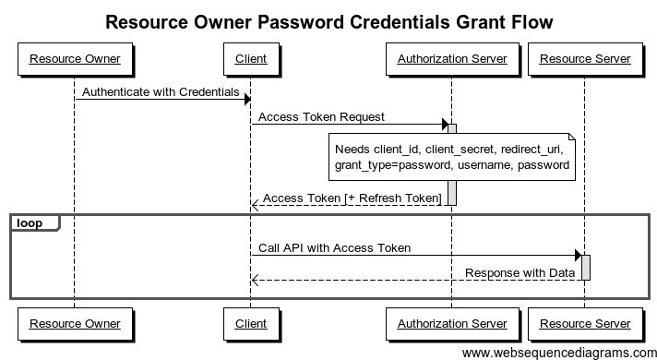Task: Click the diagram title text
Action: tap(329, 21)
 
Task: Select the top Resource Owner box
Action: tap(75, 59)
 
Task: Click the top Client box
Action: tap(251, 59)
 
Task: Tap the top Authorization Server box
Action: tap(452, 59)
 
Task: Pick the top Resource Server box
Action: tap(585, 59)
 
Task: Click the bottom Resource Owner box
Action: tap(75, 323)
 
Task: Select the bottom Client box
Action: tap(251, 323)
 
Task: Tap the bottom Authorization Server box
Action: tap(452, 323)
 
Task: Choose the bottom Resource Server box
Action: tap(585, 323)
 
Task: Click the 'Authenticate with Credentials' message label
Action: tap(161, 92)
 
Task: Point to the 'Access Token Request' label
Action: tap(321, 117)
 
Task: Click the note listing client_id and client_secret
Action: tap(452, 156)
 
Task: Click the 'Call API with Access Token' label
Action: tap(334, 248)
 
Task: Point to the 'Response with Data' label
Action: tap(520, 273)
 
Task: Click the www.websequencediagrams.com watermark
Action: tap(558, 352)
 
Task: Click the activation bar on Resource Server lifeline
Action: tap(586, 267)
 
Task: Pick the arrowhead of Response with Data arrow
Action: tap(255, 280)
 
